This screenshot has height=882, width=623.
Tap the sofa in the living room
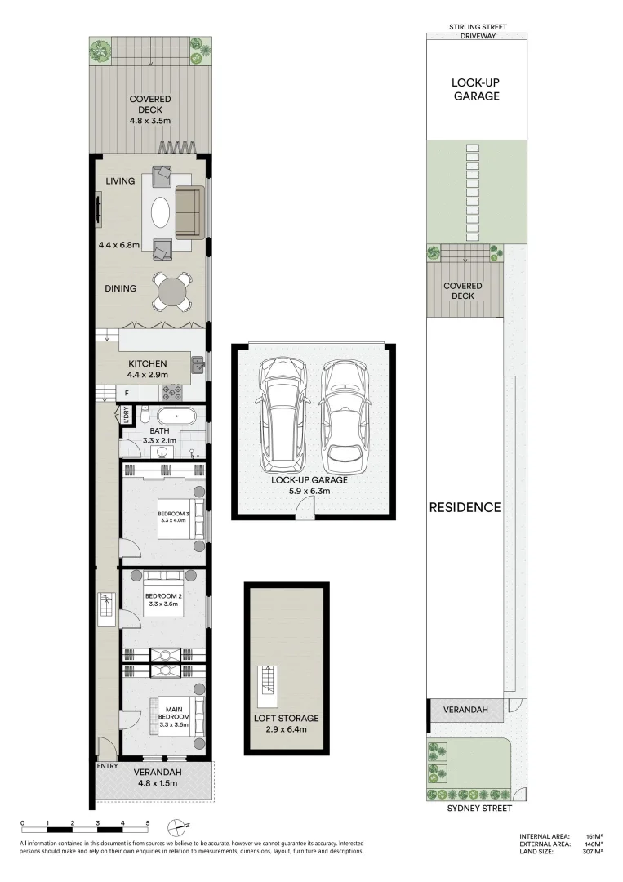coord(189,212)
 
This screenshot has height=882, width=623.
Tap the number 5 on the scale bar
coord(147,823)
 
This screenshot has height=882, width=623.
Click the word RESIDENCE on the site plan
coord(465,507)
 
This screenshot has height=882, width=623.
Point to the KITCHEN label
coord(148,363)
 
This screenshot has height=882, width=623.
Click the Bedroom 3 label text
coord(174,514)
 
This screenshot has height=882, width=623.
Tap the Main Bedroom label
coord(174,714)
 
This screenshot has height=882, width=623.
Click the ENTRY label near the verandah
coord(107,767)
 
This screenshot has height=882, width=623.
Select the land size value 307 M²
coord(592,852)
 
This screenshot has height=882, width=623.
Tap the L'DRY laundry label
coord(127,415)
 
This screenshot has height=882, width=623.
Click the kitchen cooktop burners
coord(171,394)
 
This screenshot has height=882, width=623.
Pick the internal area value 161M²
coord(594,836)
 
